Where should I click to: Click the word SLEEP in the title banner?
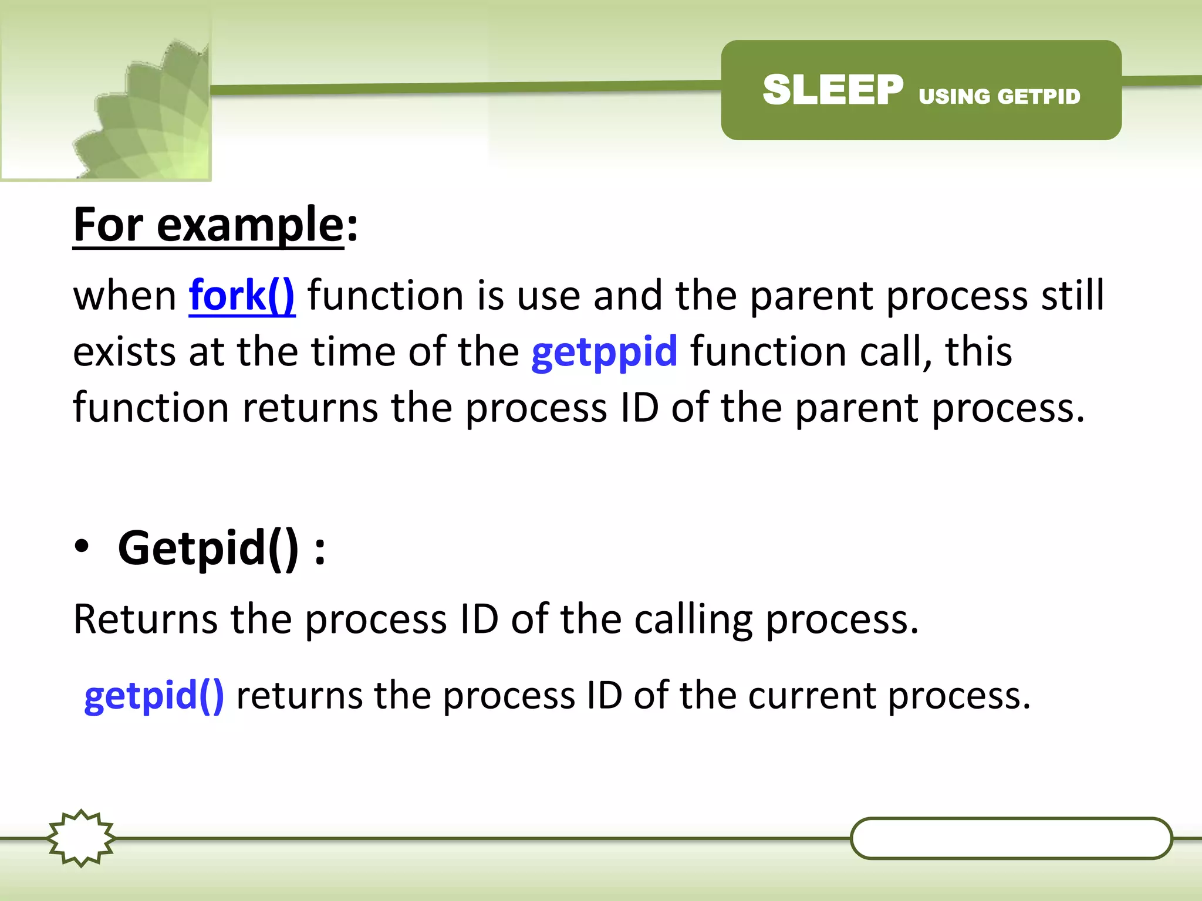832,90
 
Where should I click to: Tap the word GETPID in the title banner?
1038,97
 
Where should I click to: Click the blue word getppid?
604,352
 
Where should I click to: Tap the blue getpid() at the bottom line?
154,696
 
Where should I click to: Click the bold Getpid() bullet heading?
208,548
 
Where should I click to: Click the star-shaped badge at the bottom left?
81,838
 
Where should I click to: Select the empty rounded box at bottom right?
1011,838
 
